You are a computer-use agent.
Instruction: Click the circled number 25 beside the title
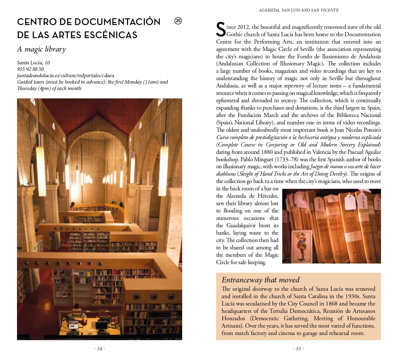coord(178,21)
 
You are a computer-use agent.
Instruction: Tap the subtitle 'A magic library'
coord(41,49)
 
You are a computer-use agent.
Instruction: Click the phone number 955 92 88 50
coord(30,69)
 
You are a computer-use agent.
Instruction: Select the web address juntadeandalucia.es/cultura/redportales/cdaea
coord(65,75)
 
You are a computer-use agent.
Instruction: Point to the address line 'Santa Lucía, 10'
coord(33,63)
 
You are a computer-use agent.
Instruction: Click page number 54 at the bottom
coord(99,348)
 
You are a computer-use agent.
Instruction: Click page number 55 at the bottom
coord(298,348)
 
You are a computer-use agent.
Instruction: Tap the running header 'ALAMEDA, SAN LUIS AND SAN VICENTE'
coord(299,10)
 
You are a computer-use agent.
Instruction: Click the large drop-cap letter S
coord(221,30)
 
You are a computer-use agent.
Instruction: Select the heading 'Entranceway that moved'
coord(260,280)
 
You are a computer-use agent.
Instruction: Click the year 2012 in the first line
coord(243,27)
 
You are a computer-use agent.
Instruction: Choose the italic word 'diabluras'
coord(226,174)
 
